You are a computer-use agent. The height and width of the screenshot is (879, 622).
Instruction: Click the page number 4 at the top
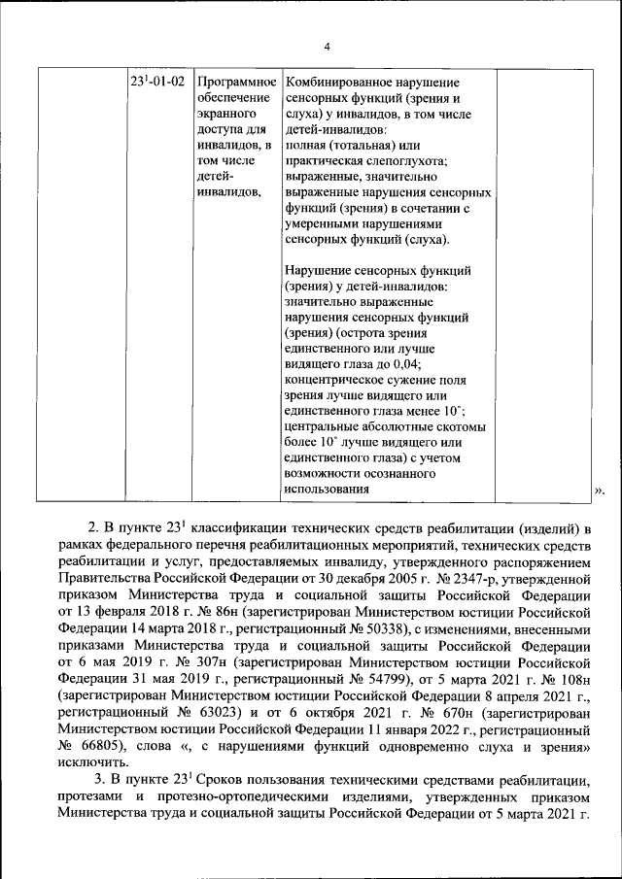pos(328,47)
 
